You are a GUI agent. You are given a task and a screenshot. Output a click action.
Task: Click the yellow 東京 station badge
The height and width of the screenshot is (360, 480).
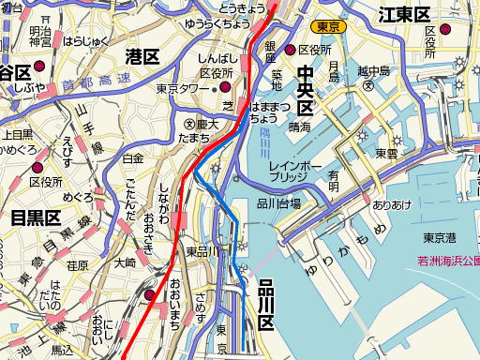click(x=329, y=27)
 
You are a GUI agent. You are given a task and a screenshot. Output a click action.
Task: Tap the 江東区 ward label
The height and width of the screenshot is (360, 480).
click(x=404, y=14)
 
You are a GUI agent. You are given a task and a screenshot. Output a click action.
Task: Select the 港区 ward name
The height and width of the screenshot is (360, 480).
click(x=142, y=57)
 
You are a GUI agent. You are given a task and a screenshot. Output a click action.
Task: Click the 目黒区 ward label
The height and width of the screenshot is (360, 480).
click(x=37, y=218)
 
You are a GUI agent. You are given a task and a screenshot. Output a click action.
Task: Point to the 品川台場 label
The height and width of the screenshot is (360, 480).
click(x=278, y=203)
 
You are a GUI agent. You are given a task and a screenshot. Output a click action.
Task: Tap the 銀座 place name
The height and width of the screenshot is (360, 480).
click(x=269, y=47)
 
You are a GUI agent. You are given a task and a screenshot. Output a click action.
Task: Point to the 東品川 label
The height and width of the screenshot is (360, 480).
click(x=202, y=250)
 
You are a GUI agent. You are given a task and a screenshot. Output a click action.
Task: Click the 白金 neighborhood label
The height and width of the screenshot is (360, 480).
click(x=133, y=158)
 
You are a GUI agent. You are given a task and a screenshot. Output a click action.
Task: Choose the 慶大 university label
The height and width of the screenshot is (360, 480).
click(x=206, y=123)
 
